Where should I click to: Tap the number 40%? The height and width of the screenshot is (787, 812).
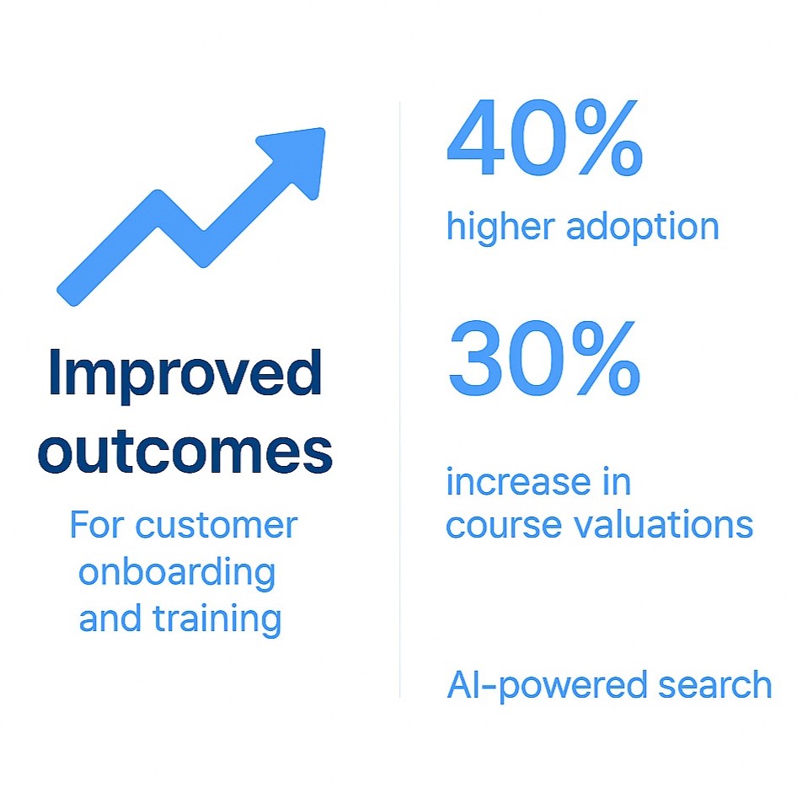544,140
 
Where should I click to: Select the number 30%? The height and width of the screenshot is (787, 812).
544,361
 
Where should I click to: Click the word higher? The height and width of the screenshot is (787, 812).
499,227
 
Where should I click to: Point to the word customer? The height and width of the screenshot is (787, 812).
216,525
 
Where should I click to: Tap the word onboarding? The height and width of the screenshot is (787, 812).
177,573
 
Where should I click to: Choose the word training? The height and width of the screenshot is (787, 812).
216,619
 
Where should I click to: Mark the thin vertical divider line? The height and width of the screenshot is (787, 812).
399,396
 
